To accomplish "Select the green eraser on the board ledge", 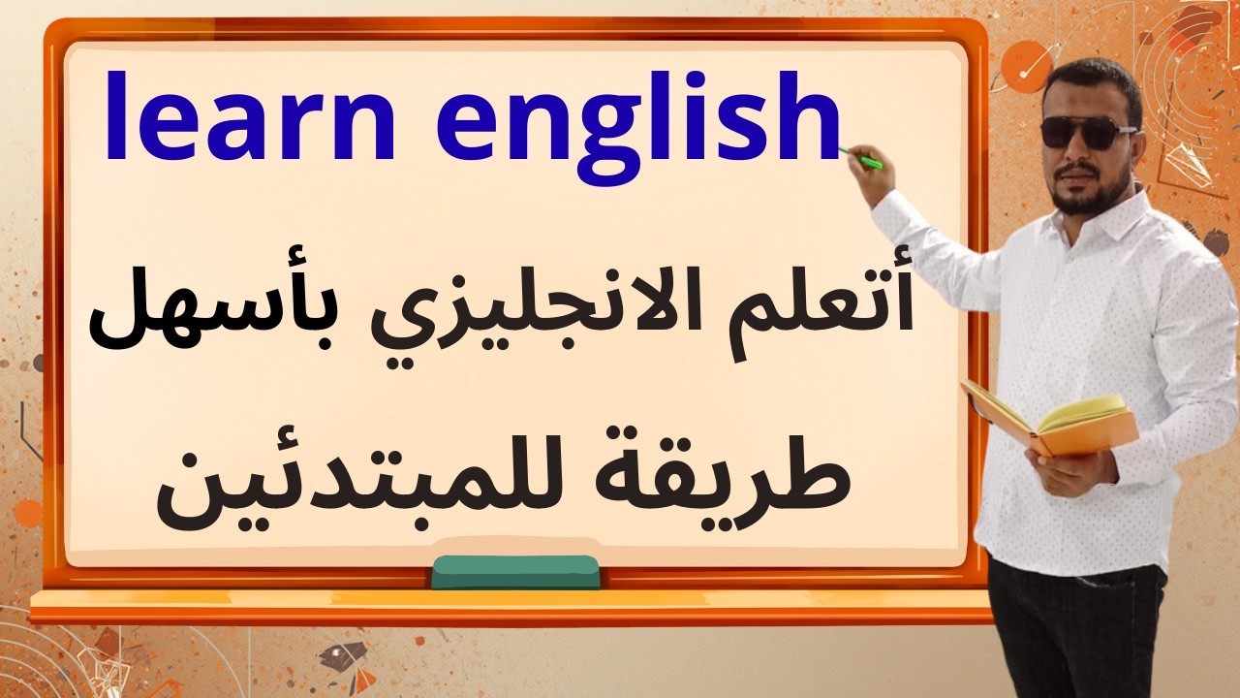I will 514,572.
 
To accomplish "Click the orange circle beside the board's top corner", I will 1025,66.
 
